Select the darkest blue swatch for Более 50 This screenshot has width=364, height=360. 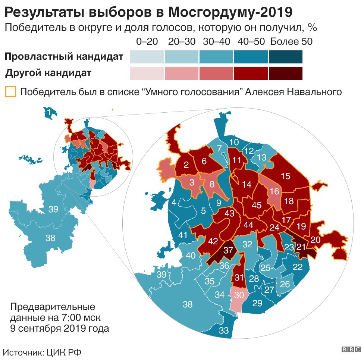[285, 57]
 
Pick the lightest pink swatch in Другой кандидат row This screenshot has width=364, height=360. [147, 73]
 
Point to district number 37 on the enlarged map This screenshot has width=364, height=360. [228, 251]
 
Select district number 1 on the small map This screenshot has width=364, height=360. [48, 111]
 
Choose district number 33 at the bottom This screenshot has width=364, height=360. [224, 331]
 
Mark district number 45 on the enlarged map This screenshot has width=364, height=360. [257, 205]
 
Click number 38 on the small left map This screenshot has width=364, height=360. [50, 237]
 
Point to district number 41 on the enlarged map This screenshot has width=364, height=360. [182, 235]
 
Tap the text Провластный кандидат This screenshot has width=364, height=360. [64, 57]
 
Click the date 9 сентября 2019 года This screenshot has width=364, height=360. [60, 329]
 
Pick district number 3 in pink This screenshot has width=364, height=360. [192, 182]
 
